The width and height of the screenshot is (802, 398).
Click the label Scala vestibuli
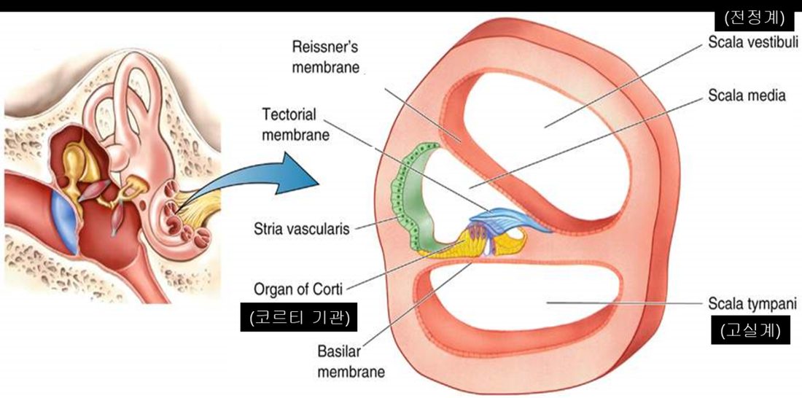[x=752, y=42]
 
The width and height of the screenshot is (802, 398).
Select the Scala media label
[x=747, y=95]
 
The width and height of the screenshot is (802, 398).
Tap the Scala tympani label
[x=752, y=305]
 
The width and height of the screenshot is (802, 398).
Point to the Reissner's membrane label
[x=325, y=58]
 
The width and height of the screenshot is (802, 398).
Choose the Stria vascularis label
[x=301, y=228]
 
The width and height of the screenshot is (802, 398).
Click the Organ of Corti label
[x=299, y=289]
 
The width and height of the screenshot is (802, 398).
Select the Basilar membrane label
[x=351, y=362]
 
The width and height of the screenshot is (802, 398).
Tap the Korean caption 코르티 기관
[x=299, y=318]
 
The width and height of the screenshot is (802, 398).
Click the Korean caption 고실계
[x=750, y=331]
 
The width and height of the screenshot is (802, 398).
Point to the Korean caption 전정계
[x=754, y=19]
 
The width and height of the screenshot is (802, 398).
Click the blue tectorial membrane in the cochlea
[x=507, y=219]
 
